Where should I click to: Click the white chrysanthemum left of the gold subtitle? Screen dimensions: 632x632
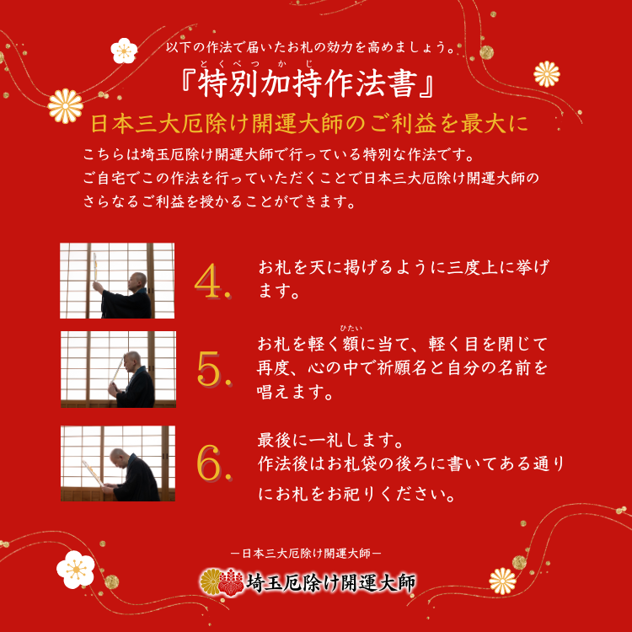tap(65, 105)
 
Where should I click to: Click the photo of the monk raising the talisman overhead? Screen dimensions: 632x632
tap(117, 281)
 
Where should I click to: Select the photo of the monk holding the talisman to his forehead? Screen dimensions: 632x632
tap(117, 369)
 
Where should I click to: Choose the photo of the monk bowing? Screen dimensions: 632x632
tap(117, 463)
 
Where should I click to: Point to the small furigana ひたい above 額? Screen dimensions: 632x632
tap(351, 328)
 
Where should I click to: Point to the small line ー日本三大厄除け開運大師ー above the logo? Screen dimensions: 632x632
tap(307, 554)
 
